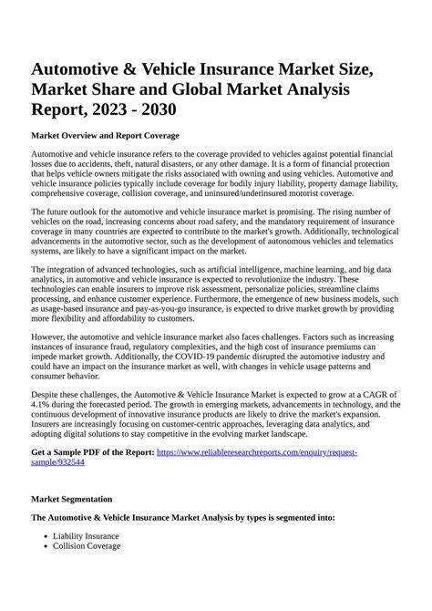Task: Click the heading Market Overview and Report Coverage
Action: click(105, 135)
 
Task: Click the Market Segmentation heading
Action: click(72, 499)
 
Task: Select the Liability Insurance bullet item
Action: click(86, 535)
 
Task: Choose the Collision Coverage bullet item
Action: click(87, 546)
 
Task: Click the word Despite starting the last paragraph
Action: click(46, 393)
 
